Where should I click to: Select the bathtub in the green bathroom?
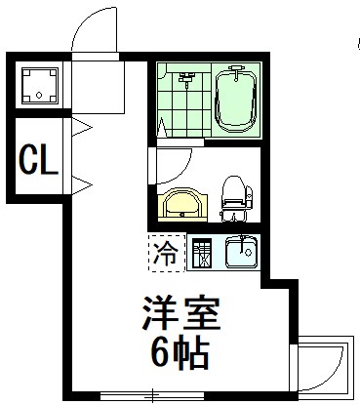235,101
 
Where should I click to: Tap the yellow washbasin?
182,205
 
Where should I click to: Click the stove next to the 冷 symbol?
202,255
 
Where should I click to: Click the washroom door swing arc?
174,161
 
